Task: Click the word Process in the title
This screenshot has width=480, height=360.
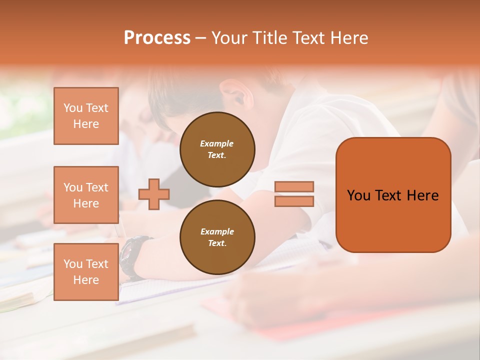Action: tap(157, 38)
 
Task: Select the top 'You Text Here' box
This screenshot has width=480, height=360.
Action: tap(86, 116)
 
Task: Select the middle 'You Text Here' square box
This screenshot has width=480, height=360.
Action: tap(86, 195)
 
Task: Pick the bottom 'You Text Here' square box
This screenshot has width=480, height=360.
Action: tap(86, 272)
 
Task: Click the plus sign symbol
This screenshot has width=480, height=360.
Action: tap(154, 194)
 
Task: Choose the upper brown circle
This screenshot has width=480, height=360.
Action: tap(217, 149)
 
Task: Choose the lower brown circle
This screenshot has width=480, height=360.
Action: tap(217, 237)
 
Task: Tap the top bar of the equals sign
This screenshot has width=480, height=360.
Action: tap(294, 187)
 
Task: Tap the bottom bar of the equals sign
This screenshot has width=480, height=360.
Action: tap(294, 201)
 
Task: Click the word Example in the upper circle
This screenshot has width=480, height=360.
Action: tap(216, 143)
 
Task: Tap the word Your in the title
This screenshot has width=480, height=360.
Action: tap(228, 38)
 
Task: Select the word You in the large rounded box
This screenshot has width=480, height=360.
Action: tap(358, 195)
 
